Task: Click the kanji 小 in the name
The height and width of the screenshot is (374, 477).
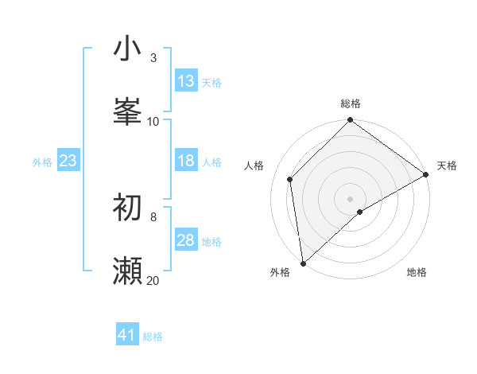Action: [x=127, y=49]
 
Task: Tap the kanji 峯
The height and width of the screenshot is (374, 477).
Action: [x=127, y=112]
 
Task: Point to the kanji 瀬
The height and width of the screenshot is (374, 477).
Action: [x=127, y=271]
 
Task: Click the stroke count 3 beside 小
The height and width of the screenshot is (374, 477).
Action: [x=153, y=58]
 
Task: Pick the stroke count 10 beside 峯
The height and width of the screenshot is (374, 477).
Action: [x=153, y=121]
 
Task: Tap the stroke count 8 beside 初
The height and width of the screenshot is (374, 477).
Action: [x=153, y=216]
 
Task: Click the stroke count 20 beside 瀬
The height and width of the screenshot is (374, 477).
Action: [x=153, y=280]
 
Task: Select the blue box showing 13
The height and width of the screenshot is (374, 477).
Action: [x=186, y=81]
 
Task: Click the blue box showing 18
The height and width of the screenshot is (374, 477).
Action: [x=186, y=161]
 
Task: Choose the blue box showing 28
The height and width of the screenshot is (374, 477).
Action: [x=186, y=240]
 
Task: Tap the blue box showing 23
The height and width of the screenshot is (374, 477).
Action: [x=68, y=161]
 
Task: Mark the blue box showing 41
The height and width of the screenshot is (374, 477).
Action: [x=127, y=335]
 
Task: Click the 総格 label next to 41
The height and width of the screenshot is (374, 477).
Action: [x=153, y=337]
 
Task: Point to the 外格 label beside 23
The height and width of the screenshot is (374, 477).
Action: [x=42, y=162]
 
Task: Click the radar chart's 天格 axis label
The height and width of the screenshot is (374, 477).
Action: [x=447, y=166]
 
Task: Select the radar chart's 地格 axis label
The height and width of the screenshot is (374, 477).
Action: [x=417, y=272]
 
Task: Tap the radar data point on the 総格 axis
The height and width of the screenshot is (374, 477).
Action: [x=350, y=121]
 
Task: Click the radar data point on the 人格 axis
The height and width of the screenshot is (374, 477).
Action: [x=290, y=179]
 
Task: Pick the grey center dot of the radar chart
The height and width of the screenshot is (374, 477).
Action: [x=350, y=198]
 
